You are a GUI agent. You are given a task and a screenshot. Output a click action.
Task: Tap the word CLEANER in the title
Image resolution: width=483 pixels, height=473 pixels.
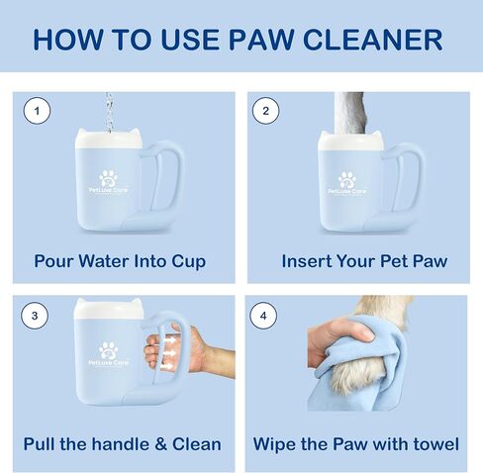point(372,40)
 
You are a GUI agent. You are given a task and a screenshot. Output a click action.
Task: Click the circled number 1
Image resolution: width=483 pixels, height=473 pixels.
point(37,111)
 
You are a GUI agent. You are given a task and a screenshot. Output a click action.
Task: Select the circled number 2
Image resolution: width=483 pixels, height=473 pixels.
point(265,111)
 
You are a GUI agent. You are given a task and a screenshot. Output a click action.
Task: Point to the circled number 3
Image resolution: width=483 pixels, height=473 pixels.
point(35,316)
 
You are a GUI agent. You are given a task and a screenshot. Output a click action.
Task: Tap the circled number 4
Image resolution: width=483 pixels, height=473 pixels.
point(263,316)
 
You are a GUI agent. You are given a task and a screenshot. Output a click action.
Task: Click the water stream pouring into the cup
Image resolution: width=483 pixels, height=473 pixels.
point(109,112)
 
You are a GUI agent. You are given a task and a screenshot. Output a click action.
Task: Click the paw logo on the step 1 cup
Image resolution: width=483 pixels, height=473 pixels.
point(108,178)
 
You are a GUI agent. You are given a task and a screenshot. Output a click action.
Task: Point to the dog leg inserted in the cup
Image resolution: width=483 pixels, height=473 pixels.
point(349,113)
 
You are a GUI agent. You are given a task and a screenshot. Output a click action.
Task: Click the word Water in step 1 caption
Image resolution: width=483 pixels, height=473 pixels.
point(104,261)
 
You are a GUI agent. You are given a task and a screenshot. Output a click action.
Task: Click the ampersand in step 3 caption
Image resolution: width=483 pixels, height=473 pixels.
point(160,444)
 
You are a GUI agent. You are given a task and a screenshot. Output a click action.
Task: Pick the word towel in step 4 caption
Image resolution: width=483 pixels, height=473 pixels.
point(435,444)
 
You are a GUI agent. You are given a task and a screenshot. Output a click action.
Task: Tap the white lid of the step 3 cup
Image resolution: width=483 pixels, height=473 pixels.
point(108,310)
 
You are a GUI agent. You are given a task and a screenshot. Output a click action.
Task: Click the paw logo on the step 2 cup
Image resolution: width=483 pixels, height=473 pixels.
point(347,180)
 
